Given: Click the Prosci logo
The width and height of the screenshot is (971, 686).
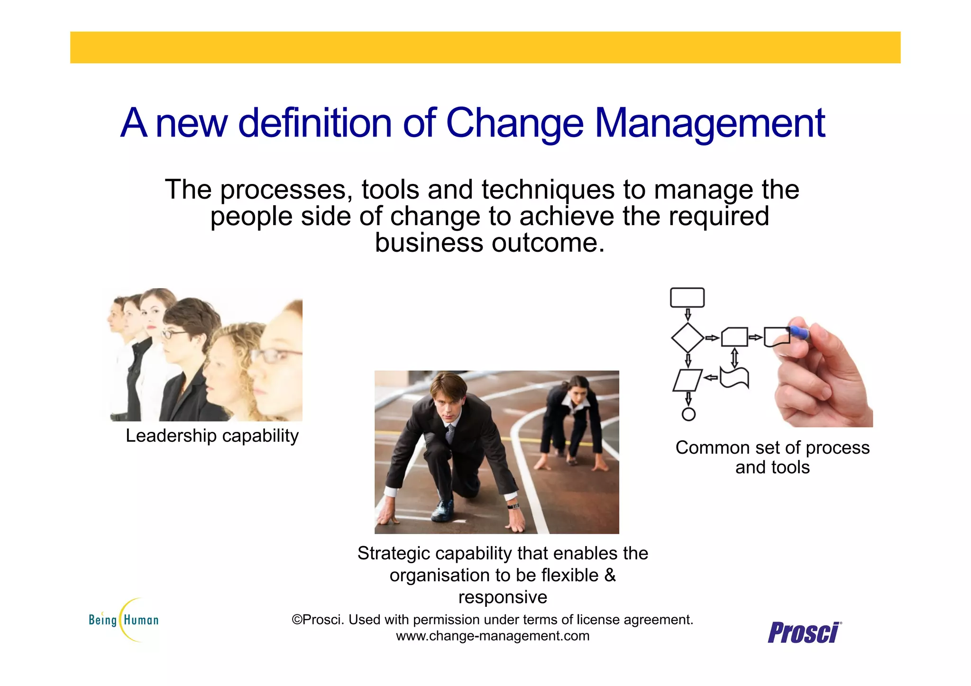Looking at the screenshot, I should click(x=804, y=632).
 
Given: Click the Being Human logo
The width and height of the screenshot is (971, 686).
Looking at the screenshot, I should click(x=124, y=620).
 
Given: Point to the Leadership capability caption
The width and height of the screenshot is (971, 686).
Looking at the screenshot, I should click(x=212, y=436).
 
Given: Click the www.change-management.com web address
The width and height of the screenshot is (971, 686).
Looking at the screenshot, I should click(x=493, y=636).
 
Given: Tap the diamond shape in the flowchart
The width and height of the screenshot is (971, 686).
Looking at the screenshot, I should click(x=687, y=338).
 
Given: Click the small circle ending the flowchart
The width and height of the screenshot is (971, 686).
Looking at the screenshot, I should click(x=688, y=414).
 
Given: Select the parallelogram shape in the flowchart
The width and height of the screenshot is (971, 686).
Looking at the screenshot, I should click(x=687, y=380).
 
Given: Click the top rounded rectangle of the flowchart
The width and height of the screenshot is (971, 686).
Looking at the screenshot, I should click(x=687, y=298).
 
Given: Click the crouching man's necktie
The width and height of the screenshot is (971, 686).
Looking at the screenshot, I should click(x=449, y=433).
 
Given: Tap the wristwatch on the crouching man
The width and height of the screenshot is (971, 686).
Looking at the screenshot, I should click(x=513, y=506).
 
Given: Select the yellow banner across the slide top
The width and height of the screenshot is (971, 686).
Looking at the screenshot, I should click(x=485, y=47).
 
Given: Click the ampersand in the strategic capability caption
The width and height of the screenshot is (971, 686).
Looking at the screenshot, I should click(x=610, y=576).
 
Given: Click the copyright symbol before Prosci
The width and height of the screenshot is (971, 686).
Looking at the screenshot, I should click(x=297, y=620).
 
